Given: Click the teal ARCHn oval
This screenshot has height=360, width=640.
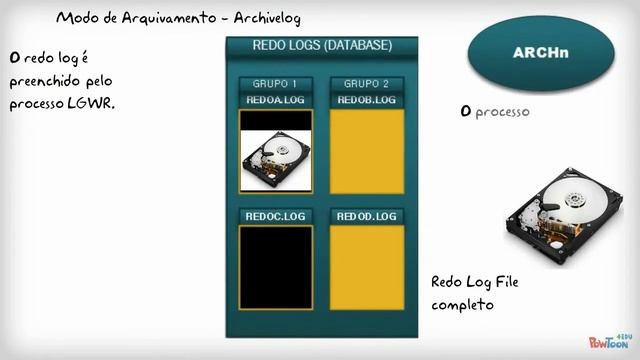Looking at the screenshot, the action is pyautogui.click(x=540, y=53).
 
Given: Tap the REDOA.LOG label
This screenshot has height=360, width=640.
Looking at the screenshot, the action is pyautogui.click(x=275, y=100).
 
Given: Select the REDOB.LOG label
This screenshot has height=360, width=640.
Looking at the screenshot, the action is pyautogui.click(x=367, y=100).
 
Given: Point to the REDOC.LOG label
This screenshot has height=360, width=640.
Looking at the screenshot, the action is pyautogui.click(x=275, y=216).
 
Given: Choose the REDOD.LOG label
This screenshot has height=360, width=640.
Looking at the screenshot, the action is pyautogui.click(x=367, y=216).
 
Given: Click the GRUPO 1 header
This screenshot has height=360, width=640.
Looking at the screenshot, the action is pyautogui.click(x=275, y=84).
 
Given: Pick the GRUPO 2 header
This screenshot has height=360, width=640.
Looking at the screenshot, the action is pyautogui.click(x=367, y=84).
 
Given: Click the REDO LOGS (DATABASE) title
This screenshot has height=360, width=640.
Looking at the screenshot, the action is pyautogui.click(x=322, y=46).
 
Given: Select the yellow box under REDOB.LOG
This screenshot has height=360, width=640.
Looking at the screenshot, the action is pyautogui.click(x=367, y=151).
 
